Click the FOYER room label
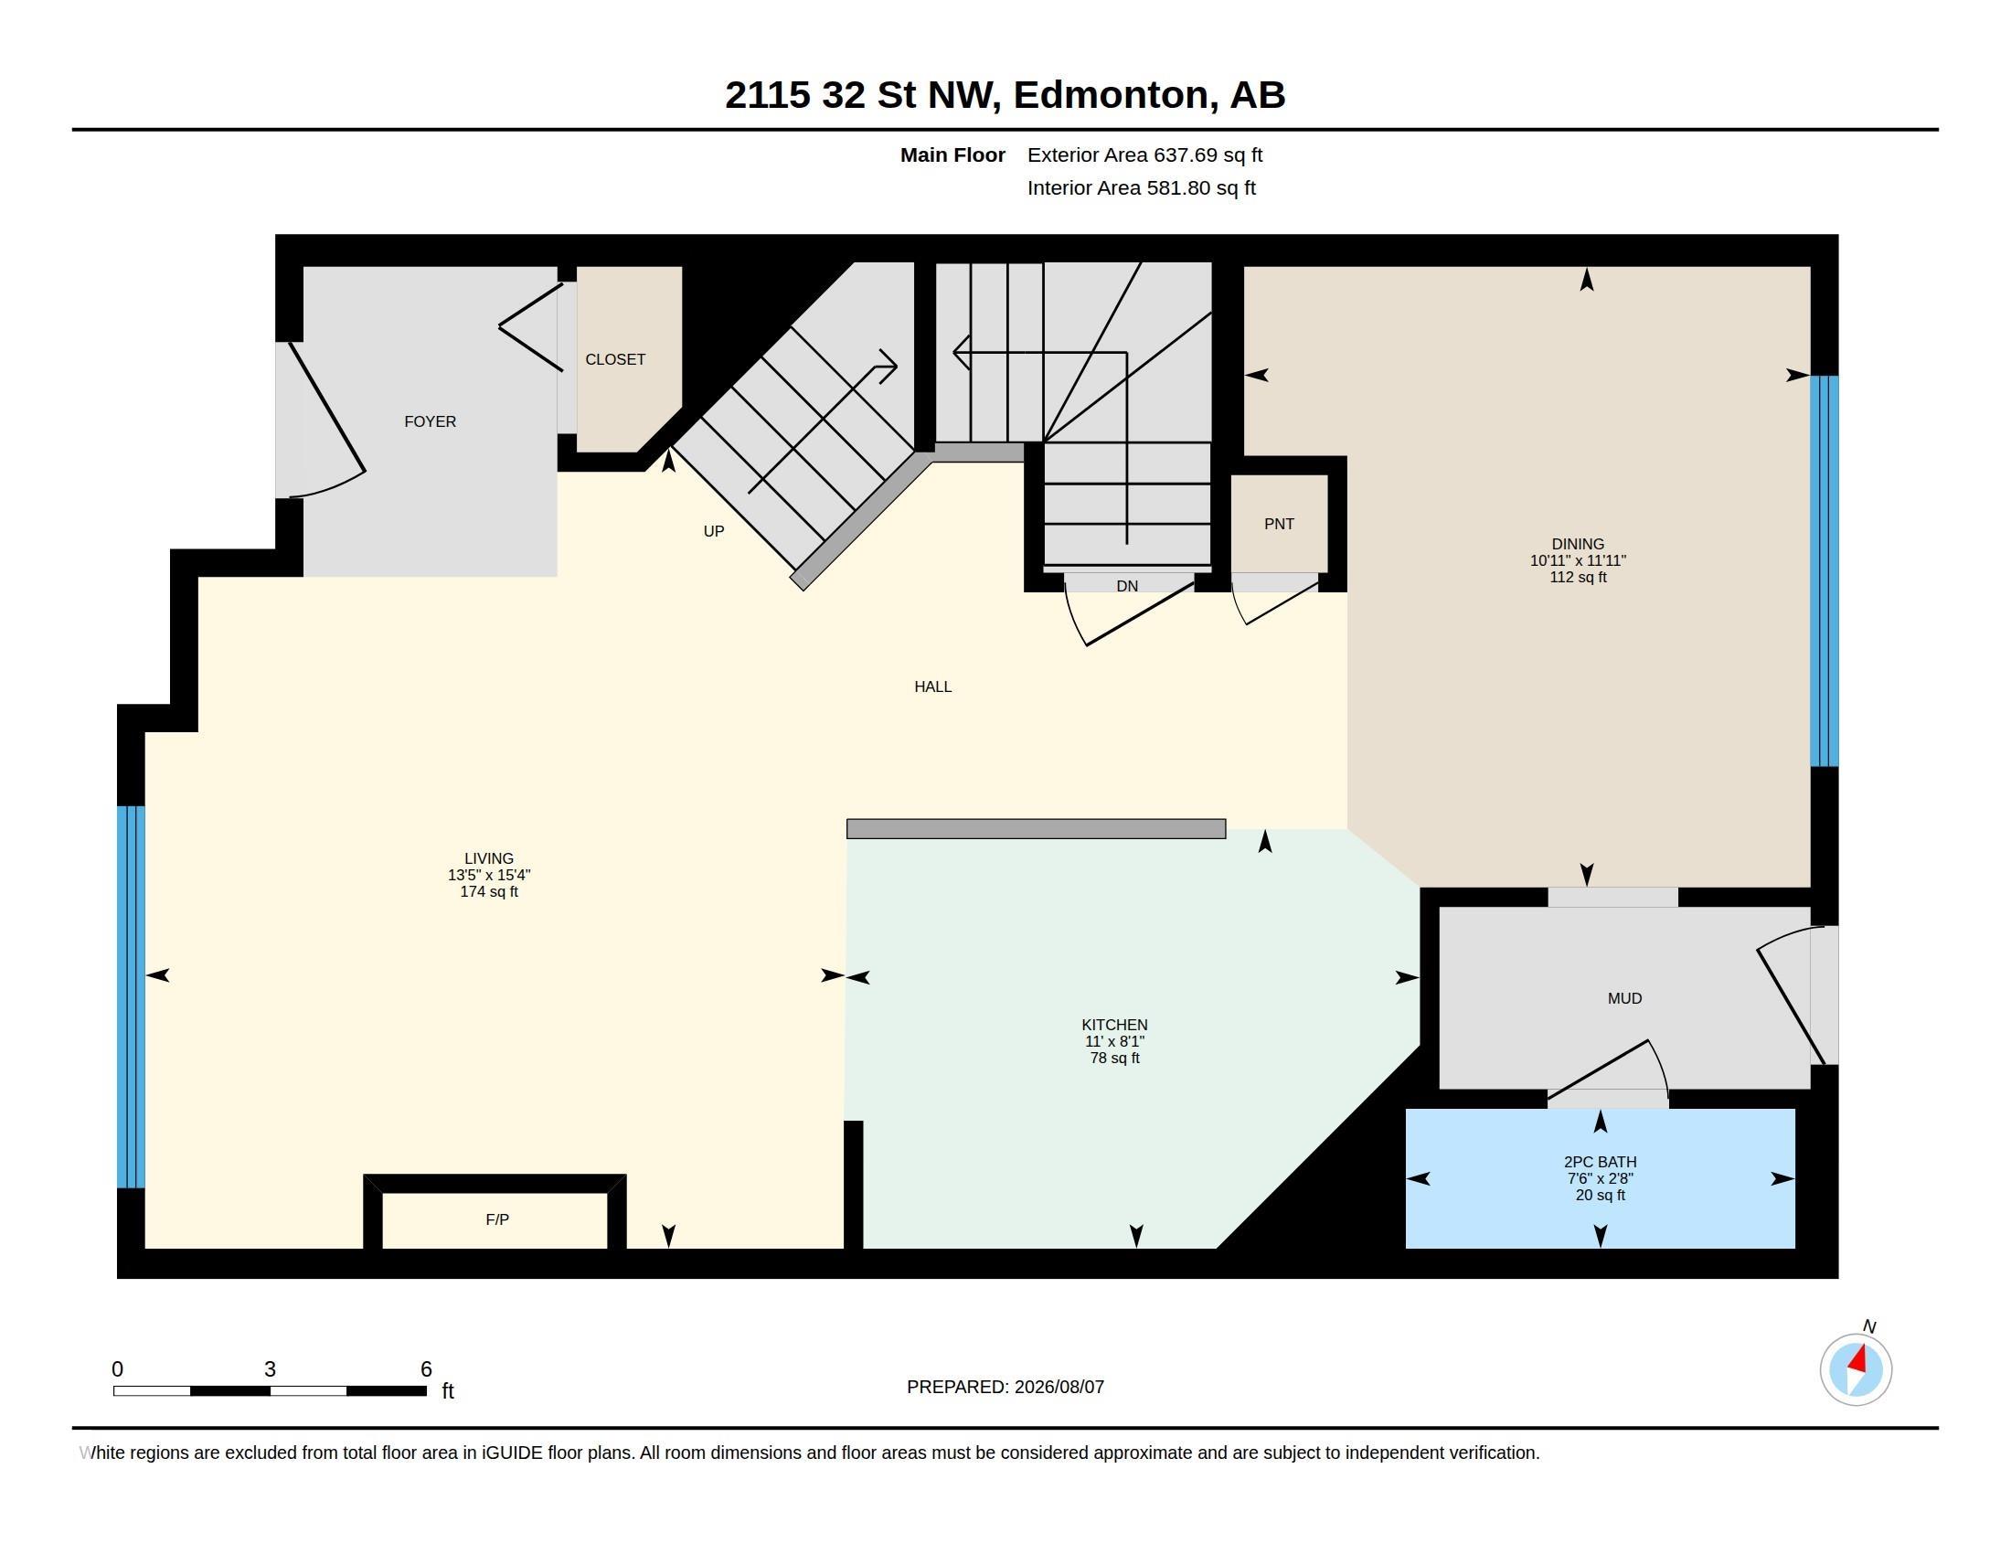(x=430, y=421)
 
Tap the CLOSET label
(x=615, y=360)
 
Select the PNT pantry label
(x=1279, y=524)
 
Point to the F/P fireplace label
(x=497, y=1219)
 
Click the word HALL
(x=932, y=687)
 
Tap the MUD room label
(x=1624, y=999)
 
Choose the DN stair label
(x=1127, y=587)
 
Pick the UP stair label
(x=714, y=531)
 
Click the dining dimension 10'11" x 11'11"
(x=1579, y=560)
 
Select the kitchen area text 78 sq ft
(x=1114, y=1059)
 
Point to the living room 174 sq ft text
(x=489, y=892)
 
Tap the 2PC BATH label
(x=1601, y=1163)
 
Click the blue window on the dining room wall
(x=1825, y=570)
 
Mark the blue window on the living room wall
(x=131, y=997)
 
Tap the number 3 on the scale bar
(x=270, y=1369)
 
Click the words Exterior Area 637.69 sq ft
(x=1144, y=155)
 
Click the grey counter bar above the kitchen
(x=1036, y=829)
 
